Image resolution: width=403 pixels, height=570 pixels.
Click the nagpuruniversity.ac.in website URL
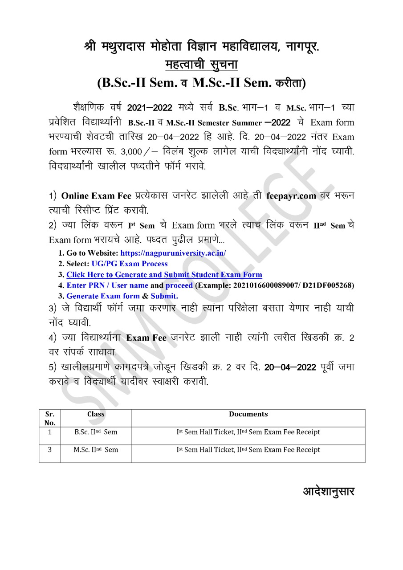click(173, 253)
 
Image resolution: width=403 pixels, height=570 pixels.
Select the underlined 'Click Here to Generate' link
click(164, 274)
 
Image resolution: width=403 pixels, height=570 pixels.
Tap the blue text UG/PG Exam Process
click(130, 264)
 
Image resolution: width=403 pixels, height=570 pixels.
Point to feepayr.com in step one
click(291, 196)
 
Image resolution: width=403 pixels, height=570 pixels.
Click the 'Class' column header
click(96, 414)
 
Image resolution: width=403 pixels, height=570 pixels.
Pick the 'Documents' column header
click(248, 414)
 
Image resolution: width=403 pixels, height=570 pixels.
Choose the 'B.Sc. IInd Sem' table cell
click(96, 432)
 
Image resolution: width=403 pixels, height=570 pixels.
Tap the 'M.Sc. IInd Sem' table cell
click(96, 450)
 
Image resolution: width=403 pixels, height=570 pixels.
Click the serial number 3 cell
click(50, 450)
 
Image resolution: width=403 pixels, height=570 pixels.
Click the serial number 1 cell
click(50, 432)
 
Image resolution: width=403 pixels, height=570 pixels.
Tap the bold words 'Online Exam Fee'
click(96, 196)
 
